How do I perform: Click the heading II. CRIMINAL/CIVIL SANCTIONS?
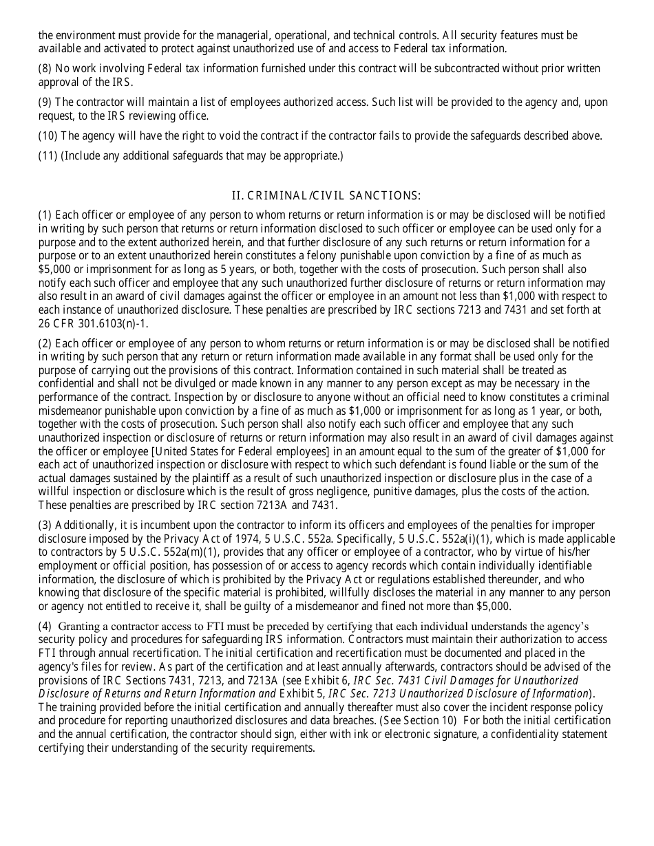click(x=326, y=195)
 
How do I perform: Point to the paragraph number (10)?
click(x=48, y=135)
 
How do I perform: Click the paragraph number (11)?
click(x=48, y=155)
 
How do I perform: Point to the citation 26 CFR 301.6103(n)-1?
click(x=93, y=323)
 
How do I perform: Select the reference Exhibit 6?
click(x=326, y=680)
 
